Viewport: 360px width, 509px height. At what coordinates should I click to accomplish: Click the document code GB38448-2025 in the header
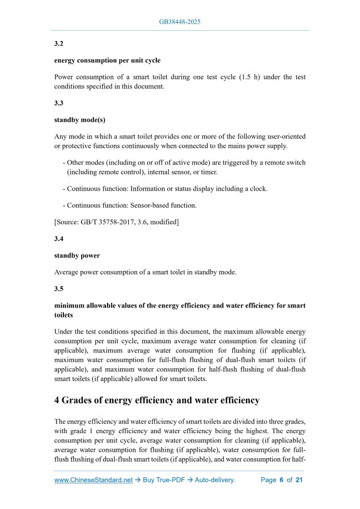click(180, 22)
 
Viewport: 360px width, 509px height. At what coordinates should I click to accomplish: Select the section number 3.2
click(59, 44)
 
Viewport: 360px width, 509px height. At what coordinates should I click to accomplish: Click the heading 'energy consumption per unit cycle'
click(107, 60)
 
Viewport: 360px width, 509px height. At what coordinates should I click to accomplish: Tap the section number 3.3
click(59, 103)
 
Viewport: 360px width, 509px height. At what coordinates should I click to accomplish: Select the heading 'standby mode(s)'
click(79, 119)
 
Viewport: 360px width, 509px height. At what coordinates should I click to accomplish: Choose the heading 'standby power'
click(77, 255)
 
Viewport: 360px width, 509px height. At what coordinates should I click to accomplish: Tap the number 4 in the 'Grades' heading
click(57, 400)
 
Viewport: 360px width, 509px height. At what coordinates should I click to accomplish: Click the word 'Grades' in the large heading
click(81, 400)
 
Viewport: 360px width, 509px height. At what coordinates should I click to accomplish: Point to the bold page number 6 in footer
click(281, 480)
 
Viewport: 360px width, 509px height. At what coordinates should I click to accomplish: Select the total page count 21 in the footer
click(299, 480)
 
